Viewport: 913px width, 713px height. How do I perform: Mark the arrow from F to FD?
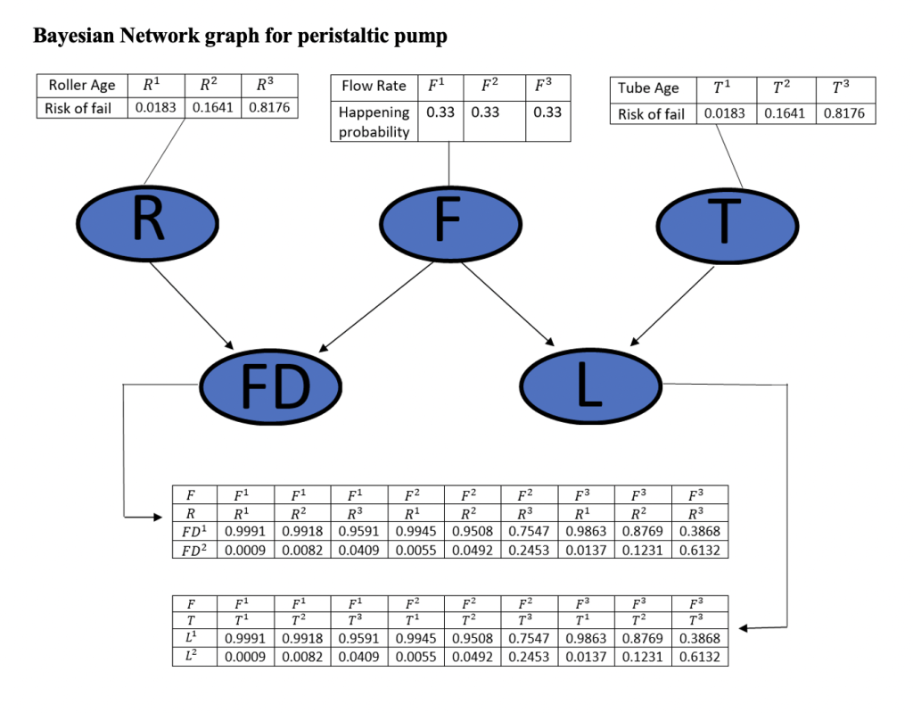[377, 304]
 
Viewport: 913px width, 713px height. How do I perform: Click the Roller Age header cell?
[82, 86]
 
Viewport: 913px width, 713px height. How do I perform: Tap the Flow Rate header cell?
[374, 87]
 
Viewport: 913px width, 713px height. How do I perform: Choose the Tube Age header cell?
[648, 87]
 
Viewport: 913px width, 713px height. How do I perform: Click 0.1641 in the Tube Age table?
[786, 113]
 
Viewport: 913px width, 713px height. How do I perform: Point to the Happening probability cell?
[374, 121]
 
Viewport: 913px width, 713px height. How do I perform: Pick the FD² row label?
[193, 550]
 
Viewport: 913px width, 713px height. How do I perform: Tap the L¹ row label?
[193, 638]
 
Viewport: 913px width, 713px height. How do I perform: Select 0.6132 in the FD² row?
[700, 550]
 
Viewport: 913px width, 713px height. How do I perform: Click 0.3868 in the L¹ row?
[700, 638]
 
